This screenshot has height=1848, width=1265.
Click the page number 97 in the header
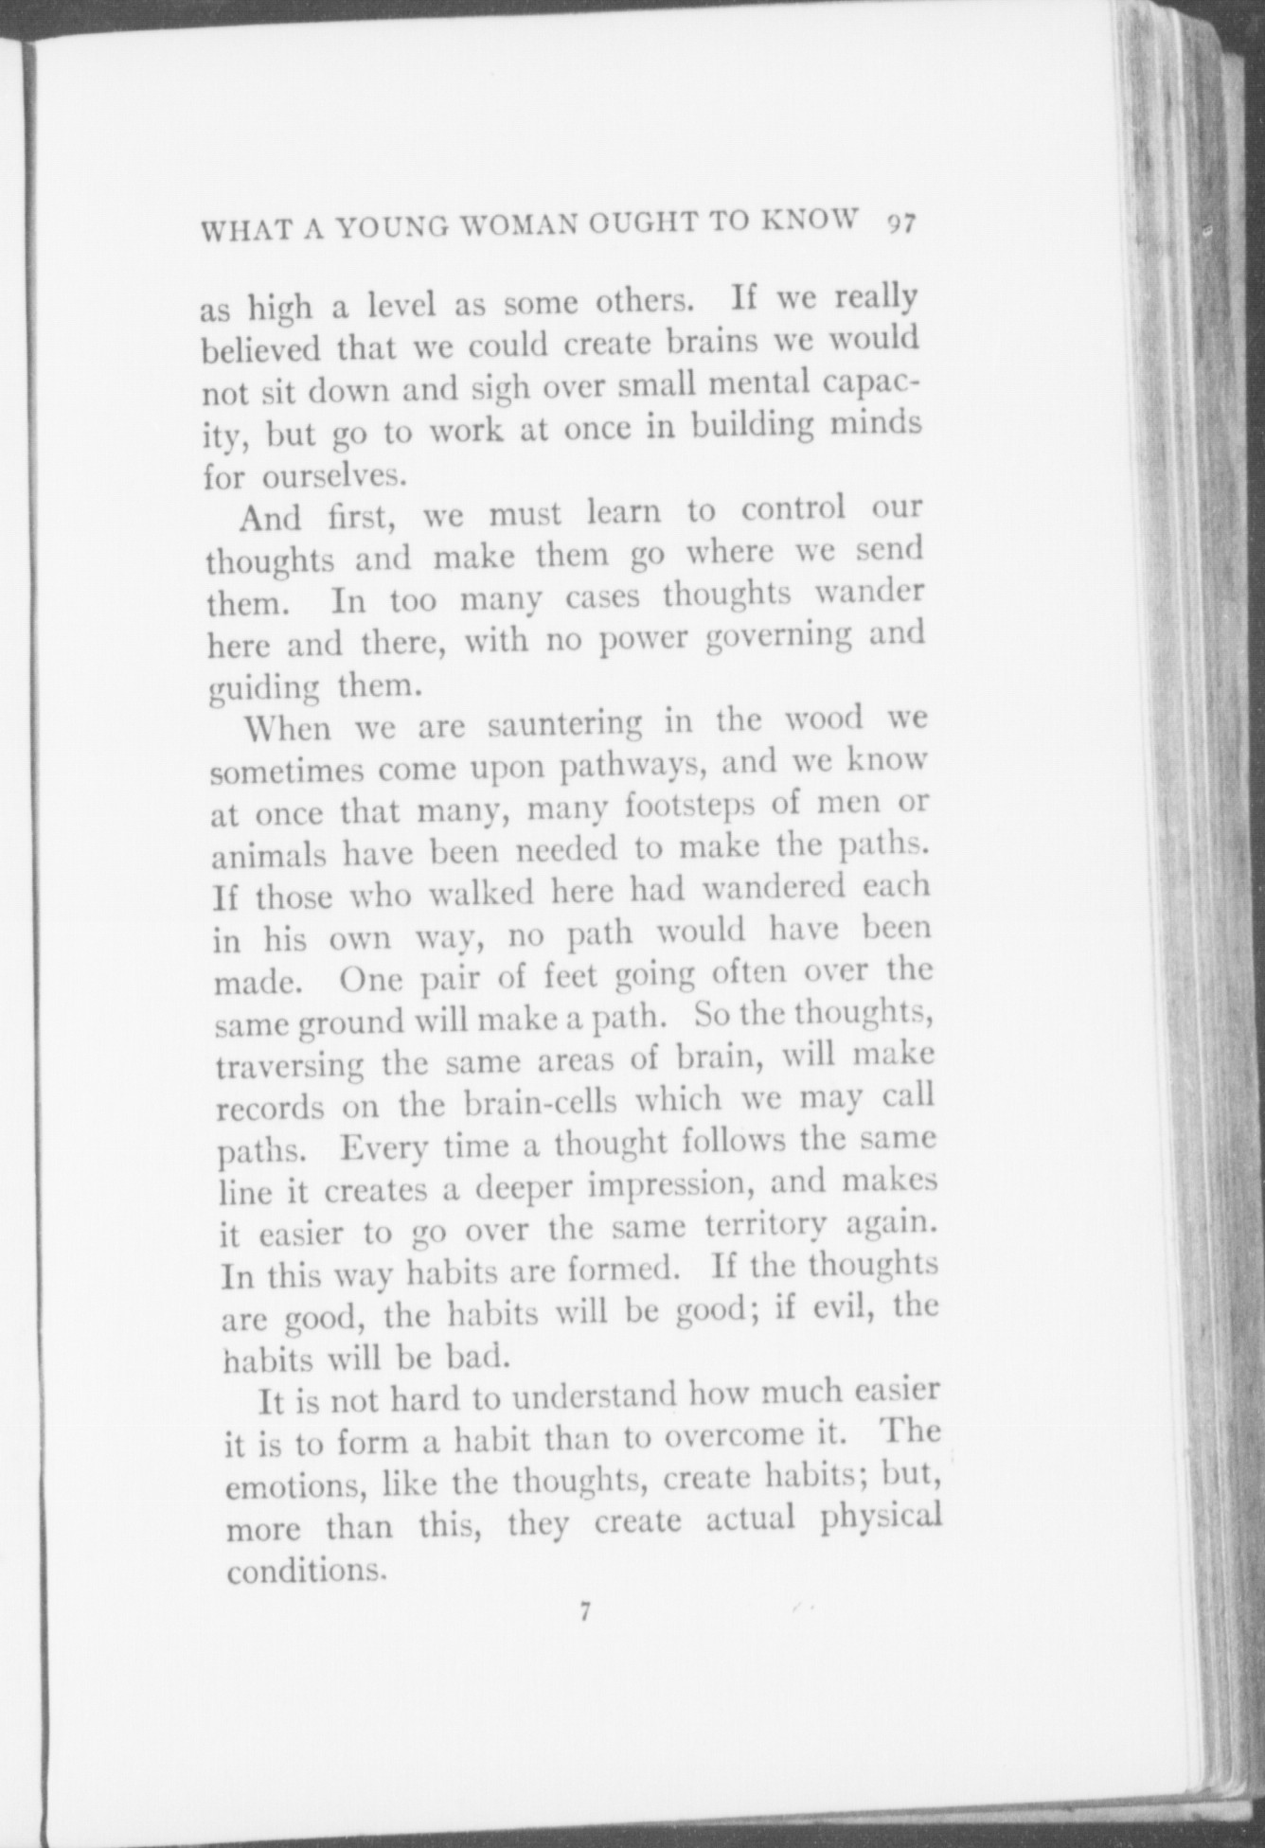point(899,223)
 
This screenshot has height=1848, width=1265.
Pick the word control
point(793,510)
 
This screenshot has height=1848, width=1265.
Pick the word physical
point(881,1519)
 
